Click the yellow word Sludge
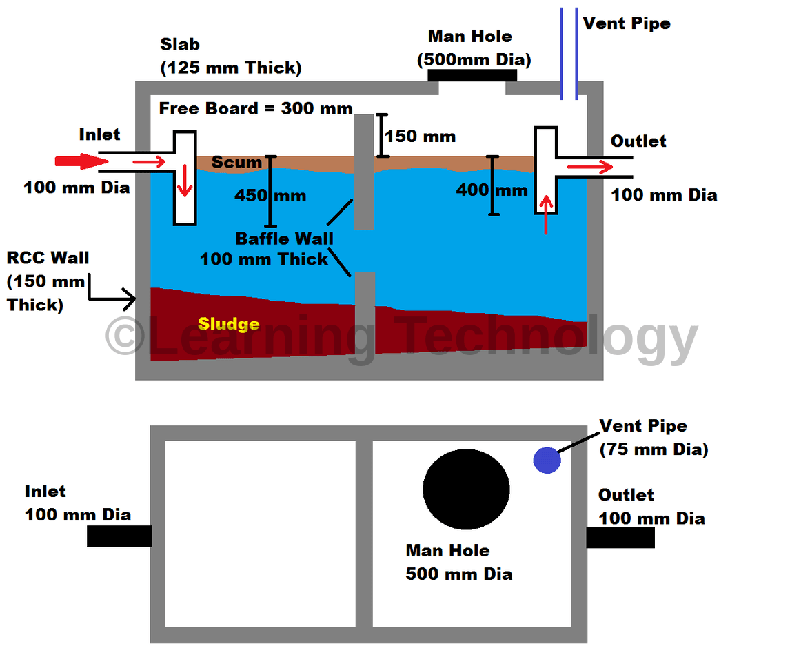(x=228, y=324)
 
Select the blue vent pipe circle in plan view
(x=547, y=460)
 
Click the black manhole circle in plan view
(x=466, y=489)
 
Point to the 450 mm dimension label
(x=270, y=195)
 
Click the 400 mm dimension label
(x=492, y=189)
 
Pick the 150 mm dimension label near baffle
(x=420, y=136)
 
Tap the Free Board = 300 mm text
(x=256, y=108)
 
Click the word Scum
(x=236, y=163)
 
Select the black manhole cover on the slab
(x=472, y=74)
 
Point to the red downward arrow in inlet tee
(x=184, y=181)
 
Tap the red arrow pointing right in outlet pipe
(x=589, y=167)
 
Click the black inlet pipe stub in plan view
(x=119, y=536)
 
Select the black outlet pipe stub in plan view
(x=620, y=537)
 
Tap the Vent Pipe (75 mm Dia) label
(x=653, y=438)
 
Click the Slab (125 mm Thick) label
(x=230, y=57)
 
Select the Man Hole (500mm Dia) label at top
(x=474, y=48)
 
